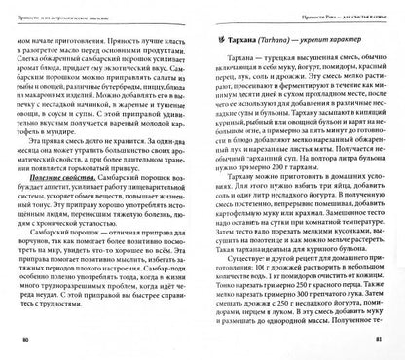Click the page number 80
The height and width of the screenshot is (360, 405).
click(x=25, y=342)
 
